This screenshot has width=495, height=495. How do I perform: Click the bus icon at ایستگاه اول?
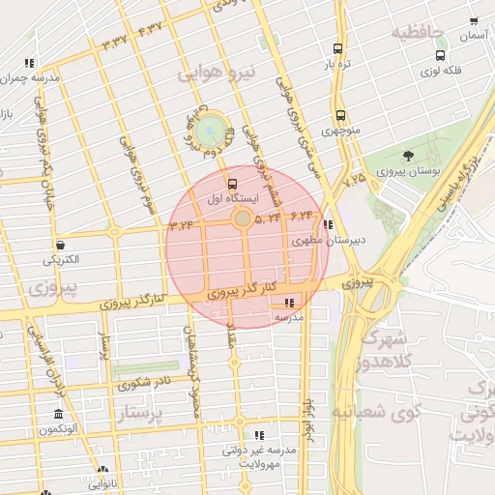[231, 184]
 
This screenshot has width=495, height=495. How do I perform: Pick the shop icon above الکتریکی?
[62, 245]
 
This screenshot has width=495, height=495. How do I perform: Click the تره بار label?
[335, 65]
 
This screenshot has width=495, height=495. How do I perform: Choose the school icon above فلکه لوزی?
[426, 56]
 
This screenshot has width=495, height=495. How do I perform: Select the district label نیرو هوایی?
[220, 73]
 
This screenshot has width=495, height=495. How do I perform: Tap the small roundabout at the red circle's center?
[242, 219]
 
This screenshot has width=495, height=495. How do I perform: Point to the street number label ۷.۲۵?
[355, 180]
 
